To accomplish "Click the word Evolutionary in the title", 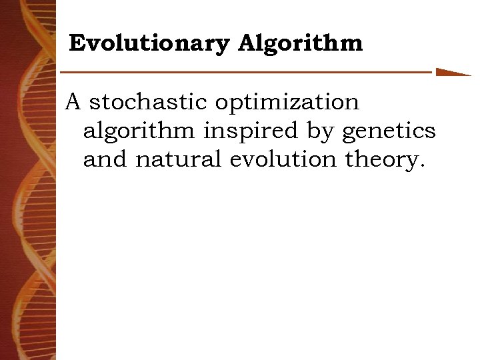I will tap(149, 44).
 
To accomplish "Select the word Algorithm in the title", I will tap(300, 44).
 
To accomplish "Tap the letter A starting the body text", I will tap(73, 102).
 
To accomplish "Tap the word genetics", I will tap(389, 132).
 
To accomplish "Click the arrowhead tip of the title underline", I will tap(469, 74).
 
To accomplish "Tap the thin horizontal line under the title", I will tap(247, 71).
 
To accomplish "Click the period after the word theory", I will tap(421, 167).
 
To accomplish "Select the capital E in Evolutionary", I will tap(77, 44).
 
